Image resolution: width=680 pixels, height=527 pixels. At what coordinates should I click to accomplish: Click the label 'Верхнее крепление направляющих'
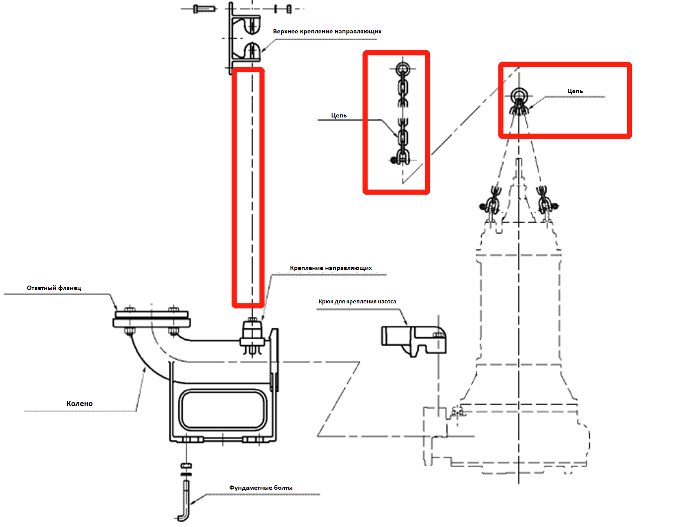[x=327, y=32]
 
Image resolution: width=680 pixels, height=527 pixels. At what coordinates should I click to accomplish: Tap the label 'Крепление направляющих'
[x=331, y=268]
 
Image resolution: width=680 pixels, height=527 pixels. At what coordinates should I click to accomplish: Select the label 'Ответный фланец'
[x=54, y=288]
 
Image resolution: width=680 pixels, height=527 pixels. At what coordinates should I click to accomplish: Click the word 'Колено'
[x=79, y=403]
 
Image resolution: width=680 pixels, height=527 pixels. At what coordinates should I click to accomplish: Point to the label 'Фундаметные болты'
[x=260, y=488]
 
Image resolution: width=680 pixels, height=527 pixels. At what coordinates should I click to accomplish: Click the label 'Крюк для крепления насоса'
[x=357, y=302]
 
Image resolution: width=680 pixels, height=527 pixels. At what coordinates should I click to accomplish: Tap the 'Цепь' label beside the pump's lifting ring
[x=575, y=91]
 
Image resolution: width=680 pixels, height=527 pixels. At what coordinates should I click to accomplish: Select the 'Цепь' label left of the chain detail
[x=338, y=116]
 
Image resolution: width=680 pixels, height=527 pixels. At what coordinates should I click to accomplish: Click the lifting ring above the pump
[x=518, y=95]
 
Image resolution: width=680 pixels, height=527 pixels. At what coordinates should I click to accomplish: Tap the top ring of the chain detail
[x=403, y=68]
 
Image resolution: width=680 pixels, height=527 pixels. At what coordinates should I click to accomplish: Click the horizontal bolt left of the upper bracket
[x=204, y=8]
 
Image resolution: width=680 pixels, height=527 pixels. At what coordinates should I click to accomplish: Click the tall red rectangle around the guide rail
[x=248, y=187]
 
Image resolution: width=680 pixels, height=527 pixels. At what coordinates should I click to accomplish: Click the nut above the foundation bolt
[x=186, y=465]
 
